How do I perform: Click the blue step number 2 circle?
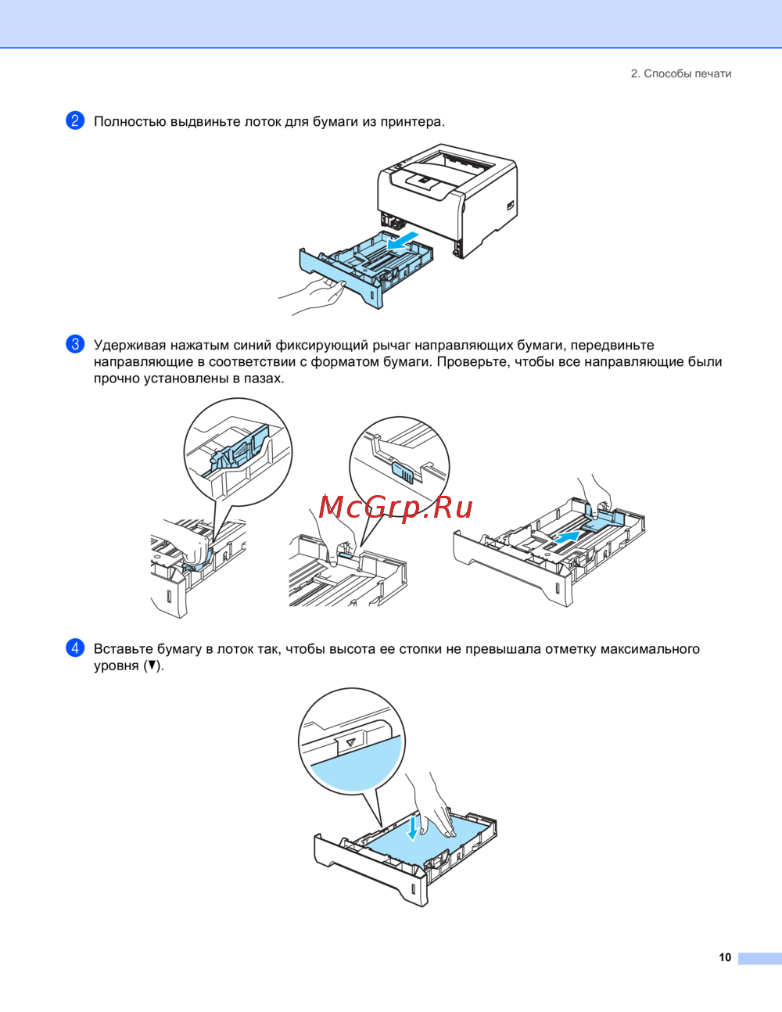pyautogui.click(x=75, y=120)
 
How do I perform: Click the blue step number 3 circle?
pyautogui.click(x=75, y=344)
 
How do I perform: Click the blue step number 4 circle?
pyautogui.click(x=75, y=648)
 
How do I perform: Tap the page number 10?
pyautogui.click(x=725, y=957)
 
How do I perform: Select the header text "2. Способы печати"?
pyautogui.click(x=681, y=74)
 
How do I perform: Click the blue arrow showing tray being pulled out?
pyautogui.click(x=402, y=241)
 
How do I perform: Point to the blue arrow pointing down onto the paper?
pyautogui.click(x=412, y=827)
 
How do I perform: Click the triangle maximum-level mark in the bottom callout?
pyautogui.click(x=351, y=742)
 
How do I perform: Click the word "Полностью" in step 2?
pyautogui.click(x=130, y=121)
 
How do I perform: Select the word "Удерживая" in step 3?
pyautogui.click(x=130, y=345)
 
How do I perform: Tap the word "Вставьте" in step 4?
pyautogui.click(x=124, y=649)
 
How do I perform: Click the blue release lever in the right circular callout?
pyautogui.click(x=403, y=472)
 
